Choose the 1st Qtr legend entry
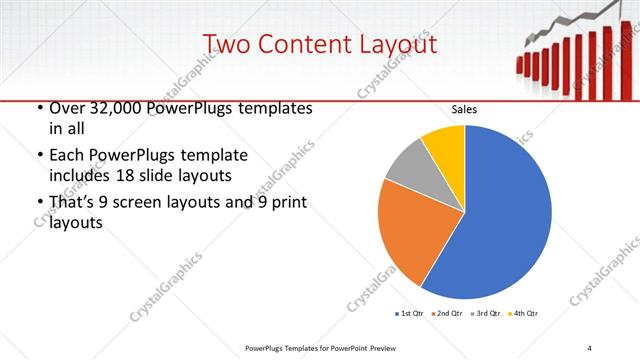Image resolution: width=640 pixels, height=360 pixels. [x=411, y=314]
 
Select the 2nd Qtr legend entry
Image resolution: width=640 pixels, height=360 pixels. [x=449, y=314]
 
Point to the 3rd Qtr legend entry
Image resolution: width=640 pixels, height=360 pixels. [x=487, y=314]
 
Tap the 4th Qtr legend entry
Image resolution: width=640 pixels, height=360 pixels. [x=525, y=314]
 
